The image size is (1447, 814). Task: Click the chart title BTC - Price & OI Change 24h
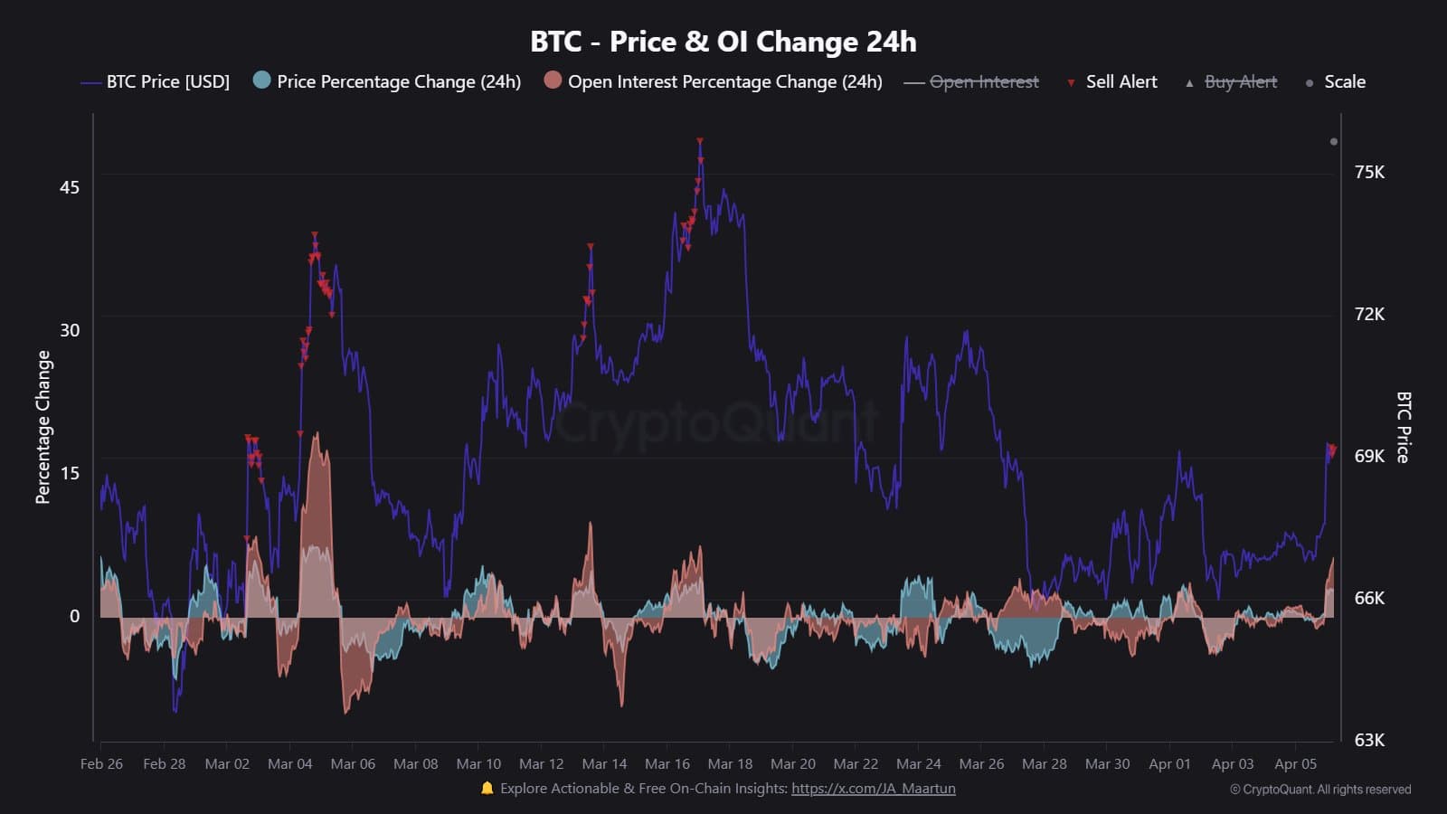point(723,42)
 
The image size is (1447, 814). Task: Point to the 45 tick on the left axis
point(70,188)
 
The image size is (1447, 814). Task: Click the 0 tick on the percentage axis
point(75,617)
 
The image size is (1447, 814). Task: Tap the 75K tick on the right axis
point(1369,173)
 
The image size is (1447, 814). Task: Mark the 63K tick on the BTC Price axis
point(1369,741)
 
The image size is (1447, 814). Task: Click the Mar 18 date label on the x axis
point(730,764)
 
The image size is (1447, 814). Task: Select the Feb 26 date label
point(101,764)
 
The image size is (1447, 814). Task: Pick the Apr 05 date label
point(1295,764)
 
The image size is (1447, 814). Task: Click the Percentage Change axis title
point(43,427)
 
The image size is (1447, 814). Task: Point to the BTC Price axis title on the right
point(1403,427)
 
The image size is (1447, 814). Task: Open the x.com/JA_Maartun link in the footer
point(873,789)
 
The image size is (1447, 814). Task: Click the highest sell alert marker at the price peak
point(700,142)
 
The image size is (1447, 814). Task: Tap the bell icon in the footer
point(487,789)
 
